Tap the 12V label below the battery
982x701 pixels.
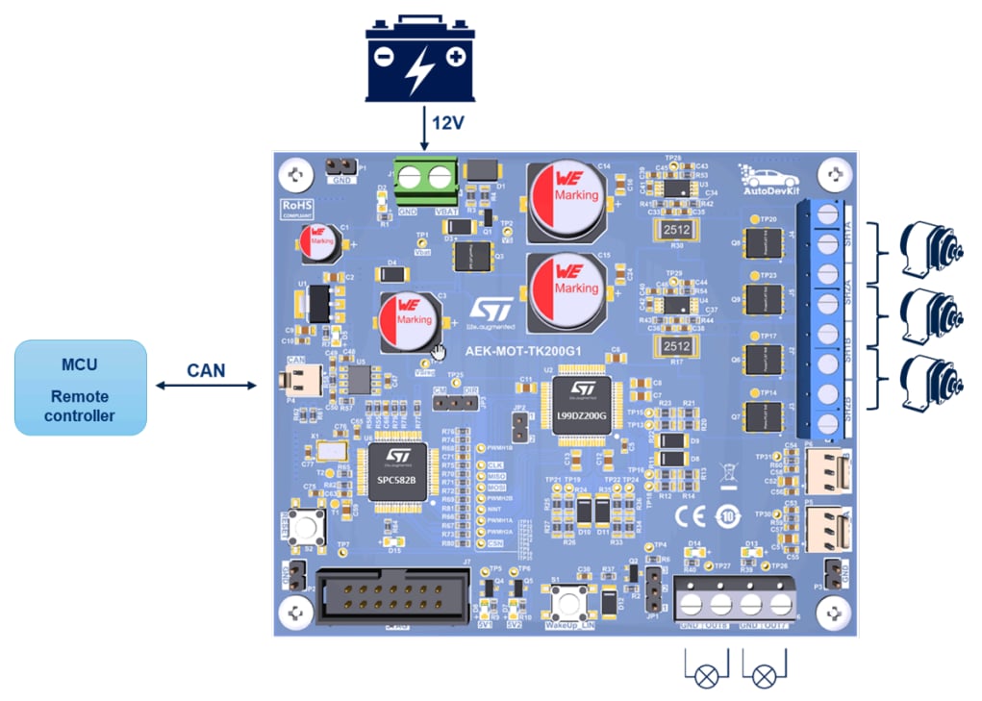click(448, 123)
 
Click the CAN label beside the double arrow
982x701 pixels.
click(207, 368)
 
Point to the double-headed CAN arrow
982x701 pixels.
click(207, 387)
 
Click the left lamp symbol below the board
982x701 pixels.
click(706, 675)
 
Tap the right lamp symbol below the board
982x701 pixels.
click(764, 675)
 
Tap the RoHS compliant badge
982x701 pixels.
click(292, 207)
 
